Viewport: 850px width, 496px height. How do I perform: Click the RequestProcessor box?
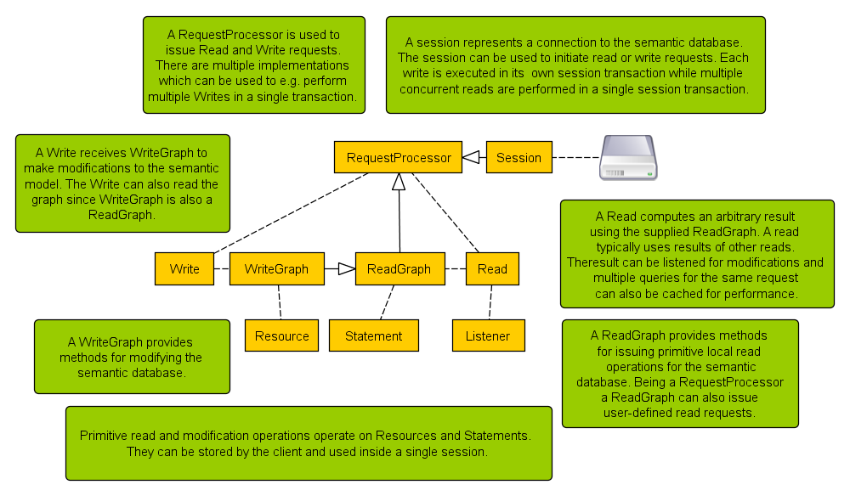(399, 157)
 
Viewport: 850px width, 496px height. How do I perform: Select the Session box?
(518, 157)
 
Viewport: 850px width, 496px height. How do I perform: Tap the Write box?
(184, 268)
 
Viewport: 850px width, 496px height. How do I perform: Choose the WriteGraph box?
(276, 268)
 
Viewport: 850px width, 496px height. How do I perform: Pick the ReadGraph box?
(399, 268)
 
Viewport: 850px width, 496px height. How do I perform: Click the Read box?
(492, 268)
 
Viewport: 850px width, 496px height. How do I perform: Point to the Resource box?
(281, 335)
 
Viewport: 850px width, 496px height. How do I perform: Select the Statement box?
(373, 335)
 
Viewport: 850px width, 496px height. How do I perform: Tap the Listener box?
(488, 335)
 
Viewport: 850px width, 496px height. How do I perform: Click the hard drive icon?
(627, 157)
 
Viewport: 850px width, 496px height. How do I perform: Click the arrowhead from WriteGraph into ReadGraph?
(346, 268)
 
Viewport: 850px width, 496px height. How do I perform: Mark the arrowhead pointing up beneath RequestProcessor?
(399, 180)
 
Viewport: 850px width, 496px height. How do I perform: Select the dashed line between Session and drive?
(574, 157)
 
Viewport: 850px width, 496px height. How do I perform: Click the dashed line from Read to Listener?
(490, 302)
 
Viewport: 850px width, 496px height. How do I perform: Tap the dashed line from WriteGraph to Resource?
(279, 302)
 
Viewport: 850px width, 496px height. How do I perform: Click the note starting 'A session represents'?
(576, 65)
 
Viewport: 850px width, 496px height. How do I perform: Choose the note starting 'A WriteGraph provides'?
(132, 357)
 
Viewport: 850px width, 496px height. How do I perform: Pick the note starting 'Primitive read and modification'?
(308, 443)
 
